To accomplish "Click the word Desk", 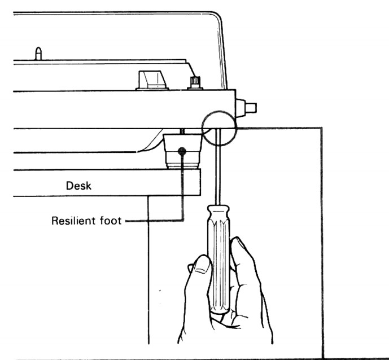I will click(x=76, y=186).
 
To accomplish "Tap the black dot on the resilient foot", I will click(x=182, y=151).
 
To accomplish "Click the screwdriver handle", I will click(x=218, y=248).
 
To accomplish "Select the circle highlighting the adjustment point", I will click(x=218, y=129).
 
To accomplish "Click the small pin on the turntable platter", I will click(x=39, y=54).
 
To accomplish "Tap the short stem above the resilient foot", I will click(x=182, y=131).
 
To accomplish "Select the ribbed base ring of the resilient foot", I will click(x=182, y=165).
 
